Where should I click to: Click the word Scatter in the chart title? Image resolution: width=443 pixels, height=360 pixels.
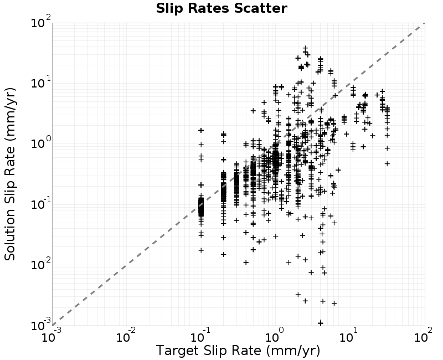pyautogui.click(x=260, y=8)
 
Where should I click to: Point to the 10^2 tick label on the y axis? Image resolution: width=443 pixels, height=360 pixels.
pyautogui.click(x=41, y=22)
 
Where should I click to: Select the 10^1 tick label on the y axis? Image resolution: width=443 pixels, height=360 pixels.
pyautogui.click(x=41, y=82)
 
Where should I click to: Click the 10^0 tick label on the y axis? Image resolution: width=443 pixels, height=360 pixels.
pyautogui.click(x=41, y=143)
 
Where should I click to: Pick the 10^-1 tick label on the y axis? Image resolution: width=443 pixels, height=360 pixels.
pyautogui.click(x=41, y=203)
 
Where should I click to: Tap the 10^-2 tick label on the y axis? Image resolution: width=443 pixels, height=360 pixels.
pyautogui.click(x=41, y=264)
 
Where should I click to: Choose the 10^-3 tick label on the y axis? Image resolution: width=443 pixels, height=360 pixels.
pyautogui.click(x=41, y=325)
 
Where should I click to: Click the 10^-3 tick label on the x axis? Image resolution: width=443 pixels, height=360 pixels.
pyautogui.click(x=51, y=336)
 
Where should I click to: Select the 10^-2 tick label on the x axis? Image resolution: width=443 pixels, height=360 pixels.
pyautogui.click(x=126, y=336)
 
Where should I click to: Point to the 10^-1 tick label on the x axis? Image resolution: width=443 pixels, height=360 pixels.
pyautogui.click(x=201, y=336)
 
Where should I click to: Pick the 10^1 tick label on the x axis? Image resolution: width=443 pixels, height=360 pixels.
pyautogui.click(x=349, y=336)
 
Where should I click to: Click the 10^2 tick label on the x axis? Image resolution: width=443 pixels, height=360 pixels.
pyautogui.click(x=423, y=336)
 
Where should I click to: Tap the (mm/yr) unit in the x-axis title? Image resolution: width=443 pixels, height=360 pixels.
pyautogui.click(x=293, y=351)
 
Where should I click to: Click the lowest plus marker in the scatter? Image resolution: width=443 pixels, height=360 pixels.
pyautogui.click(x=321, y=322)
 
